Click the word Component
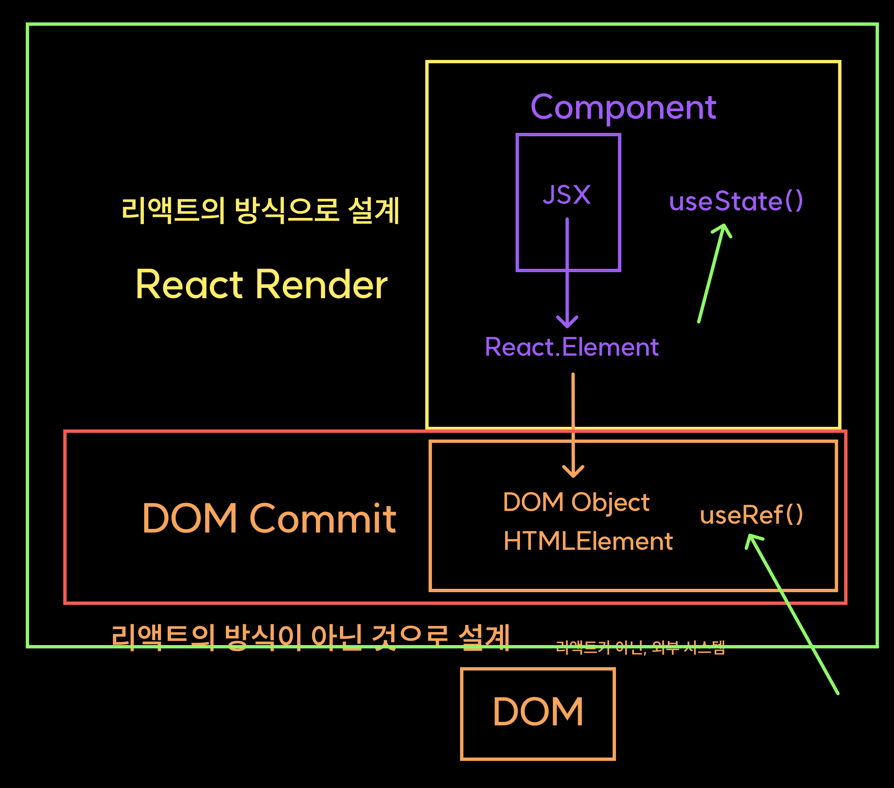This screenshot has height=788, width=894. click(623, 108)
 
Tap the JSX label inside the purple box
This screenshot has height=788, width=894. click(567, 195)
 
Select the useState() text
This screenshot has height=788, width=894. click(736, 202)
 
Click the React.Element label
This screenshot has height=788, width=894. click(572, 347)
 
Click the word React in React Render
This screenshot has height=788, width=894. click(189, 285)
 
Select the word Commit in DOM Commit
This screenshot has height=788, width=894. click(323, 519)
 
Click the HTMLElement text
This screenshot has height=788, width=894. click(588, 541)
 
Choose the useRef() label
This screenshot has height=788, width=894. click(751, 515)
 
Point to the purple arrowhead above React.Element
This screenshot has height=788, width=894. click(567, 322)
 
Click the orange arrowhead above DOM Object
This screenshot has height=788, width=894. click(573, 472)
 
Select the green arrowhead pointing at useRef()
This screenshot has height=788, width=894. click(752, 540)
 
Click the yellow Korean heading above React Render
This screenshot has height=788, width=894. click(261, 211)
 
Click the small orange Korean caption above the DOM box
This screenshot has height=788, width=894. click(640, 647)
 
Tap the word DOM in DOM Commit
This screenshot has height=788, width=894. click(190, 519)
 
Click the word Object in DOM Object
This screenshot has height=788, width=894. click(611, 502)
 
